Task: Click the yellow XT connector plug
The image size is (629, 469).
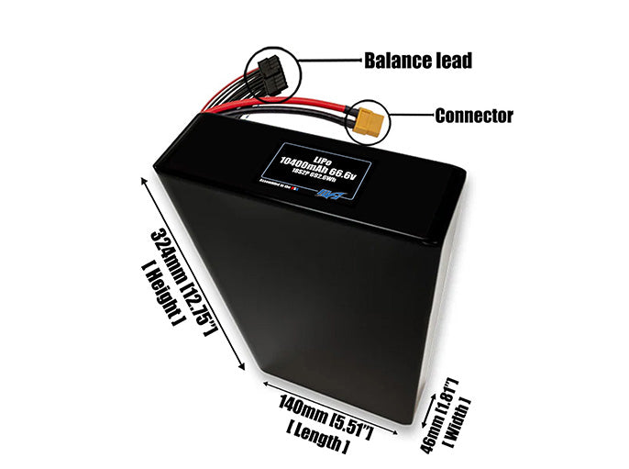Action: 370,120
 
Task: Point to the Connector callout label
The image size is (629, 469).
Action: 473,116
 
